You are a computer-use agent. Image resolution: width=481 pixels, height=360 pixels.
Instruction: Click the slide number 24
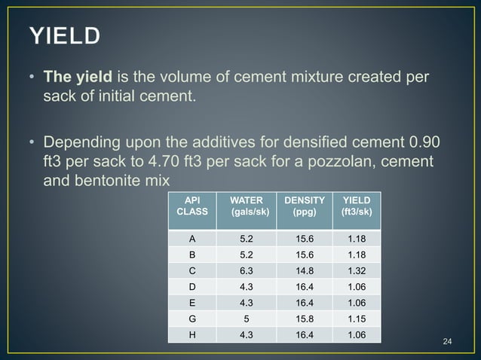pyautogui.click(x=446, y=343)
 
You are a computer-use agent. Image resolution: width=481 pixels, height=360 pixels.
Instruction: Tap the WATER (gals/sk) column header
pyautogui.click(x=246, y=206)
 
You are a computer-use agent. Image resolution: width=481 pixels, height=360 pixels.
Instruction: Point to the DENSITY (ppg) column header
pyautogui.click(x=305, y=206)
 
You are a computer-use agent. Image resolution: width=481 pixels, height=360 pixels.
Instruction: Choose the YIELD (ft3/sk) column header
pyautogui.click(x=357, y=206)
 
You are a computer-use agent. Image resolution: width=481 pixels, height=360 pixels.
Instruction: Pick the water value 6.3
pyautogui.click(x=246, y=270)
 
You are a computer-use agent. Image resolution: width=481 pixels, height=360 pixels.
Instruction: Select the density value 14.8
pyautogui.click(x=305, y=270)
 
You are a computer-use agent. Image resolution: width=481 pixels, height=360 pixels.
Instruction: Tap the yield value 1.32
pyautogui.click(x=357, y=270)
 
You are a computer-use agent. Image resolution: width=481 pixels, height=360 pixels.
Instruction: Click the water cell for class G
pyautogui.click(x=246, y=319)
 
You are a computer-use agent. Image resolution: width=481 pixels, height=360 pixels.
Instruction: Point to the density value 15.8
pyautogui.click(x=305, y=319)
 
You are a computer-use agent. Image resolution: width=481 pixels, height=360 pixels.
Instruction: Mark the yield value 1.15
pyautogui.click(x=357, y=319)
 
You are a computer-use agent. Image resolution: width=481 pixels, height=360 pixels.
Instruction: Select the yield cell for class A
pyautogui.click(x=357, y=239)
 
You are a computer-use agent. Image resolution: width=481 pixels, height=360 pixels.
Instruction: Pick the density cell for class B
pyautogui.click(x=305, y=255)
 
